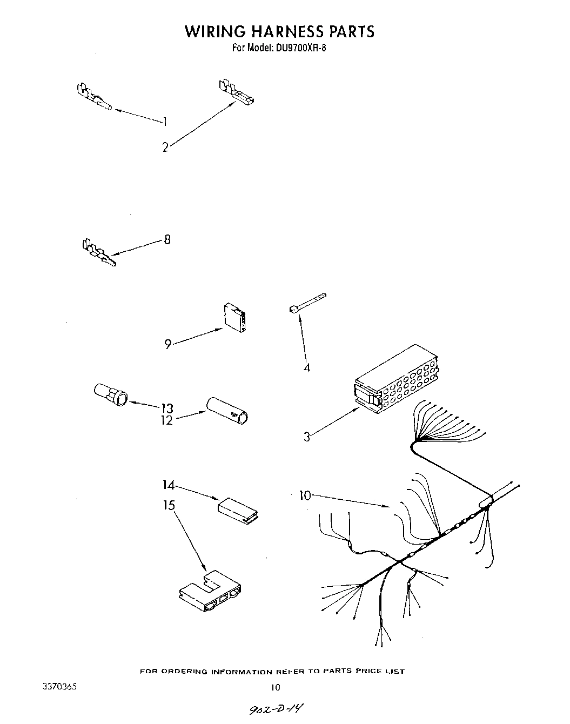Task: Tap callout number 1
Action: tap(165, 122)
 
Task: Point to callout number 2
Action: tap(165, 146)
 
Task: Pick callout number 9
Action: tap(168, 344)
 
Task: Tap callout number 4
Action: tap(306, 368)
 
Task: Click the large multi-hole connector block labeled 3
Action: tap(397, 378)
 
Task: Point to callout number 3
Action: tap(306, 437)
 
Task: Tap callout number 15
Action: tap(169, 505)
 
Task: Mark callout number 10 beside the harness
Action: tap(305, 495)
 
